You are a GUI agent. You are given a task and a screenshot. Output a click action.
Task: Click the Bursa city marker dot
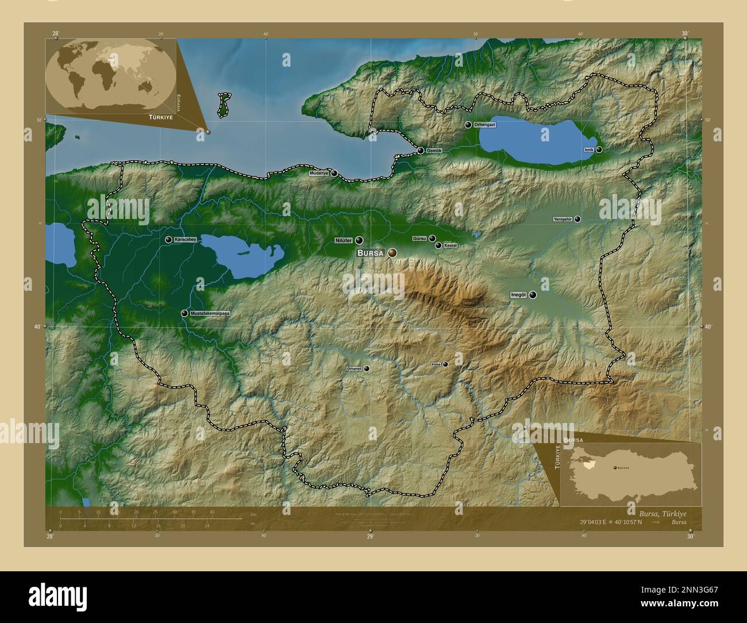click(x=392, y=252)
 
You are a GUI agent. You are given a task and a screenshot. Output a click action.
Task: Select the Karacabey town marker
click(x=168, y=240)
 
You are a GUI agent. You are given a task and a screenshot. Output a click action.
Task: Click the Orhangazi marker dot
click(x=468, y=125)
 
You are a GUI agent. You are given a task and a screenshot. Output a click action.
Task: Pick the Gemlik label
click(x=434, y=151)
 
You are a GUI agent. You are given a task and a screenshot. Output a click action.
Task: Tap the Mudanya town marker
click(x=334, y=172)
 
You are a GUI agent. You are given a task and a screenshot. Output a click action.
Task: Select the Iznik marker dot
click(x=599, y=149)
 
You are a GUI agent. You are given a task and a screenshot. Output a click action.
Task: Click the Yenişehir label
click(x=563, y=219)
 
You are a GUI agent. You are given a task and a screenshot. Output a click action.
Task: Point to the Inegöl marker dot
click(x=533, y=295)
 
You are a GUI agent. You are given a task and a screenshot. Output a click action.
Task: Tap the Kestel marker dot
click(x=438, y=245)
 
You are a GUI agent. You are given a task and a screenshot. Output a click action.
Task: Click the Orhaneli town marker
click(x=367, y=368)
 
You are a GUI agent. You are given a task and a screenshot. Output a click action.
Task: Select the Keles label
click(x=436, y=364)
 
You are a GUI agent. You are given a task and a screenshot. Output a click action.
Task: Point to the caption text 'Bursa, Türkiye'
click(x=662, y=513)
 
